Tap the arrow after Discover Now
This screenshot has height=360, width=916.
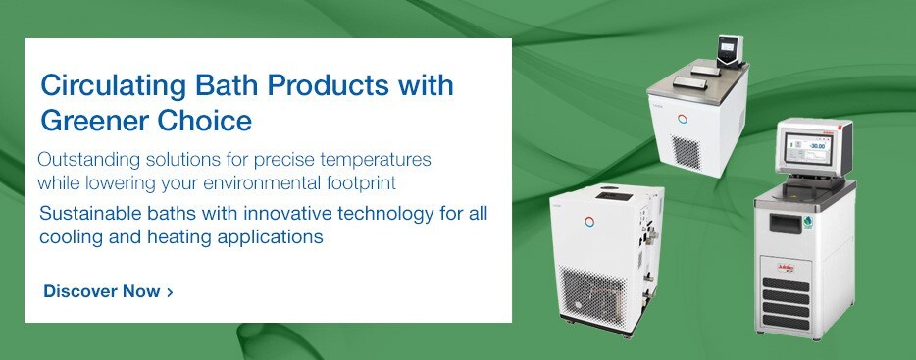171,292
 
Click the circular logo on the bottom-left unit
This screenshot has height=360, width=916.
588,217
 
